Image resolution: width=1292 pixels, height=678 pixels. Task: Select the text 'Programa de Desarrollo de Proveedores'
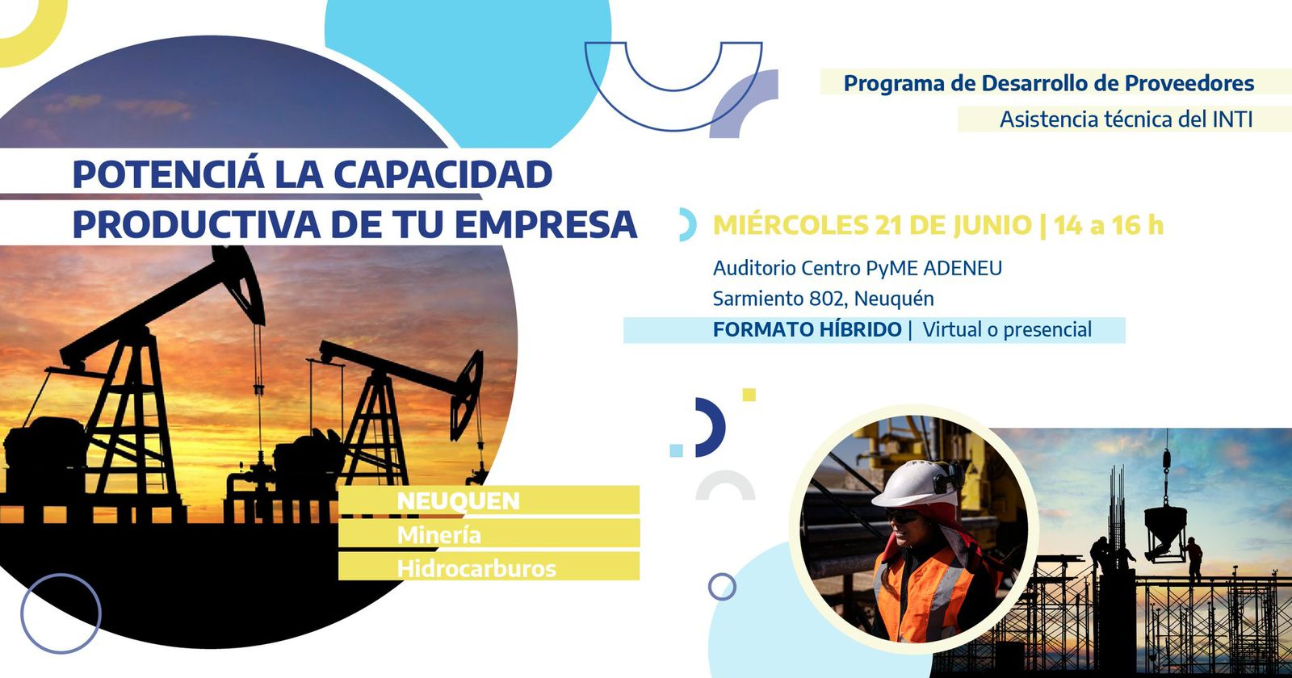tap(1048, 83)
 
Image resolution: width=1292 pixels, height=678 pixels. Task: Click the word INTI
tap(1232, 119)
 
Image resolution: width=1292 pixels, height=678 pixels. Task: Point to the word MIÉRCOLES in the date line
tap(791, 225)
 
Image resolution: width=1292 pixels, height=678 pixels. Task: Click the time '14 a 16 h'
tap(1108, 225)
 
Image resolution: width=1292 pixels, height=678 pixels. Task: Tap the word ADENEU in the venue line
tap(963, 268)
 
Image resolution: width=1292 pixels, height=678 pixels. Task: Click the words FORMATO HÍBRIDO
tap(807, 329)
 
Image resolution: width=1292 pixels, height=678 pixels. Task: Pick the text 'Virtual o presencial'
tap(1007, 329)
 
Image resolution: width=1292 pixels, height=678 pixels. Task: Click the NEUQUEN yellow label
tap(458, 500)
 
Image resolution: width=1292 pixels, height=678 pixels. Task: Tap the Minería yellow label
tap(438, 534)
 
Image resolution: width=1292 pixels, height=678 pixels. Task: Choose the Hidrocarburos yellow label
tap(476, 568)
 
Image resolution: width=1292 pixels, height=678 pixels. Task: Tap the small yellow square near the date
tap(749, 395)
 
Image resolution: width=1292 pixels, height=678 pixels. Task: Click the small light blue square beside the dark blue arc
tap(677, 450)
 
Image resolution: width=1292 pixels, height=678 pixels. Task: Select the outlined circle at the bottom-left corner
tap(61, 613)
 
